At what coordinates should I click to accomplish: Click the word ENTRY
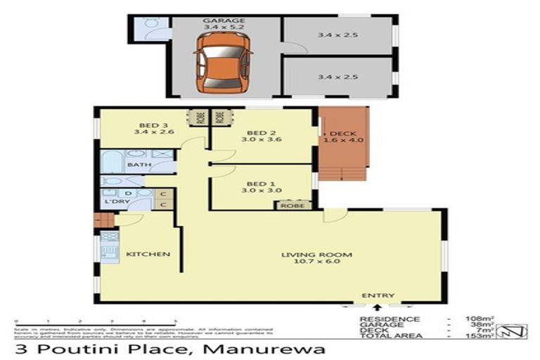pyautogui.click(x=378, y=295)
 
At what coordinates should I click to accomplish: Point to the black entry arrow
pyautogui.click(x=378, y=307)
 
